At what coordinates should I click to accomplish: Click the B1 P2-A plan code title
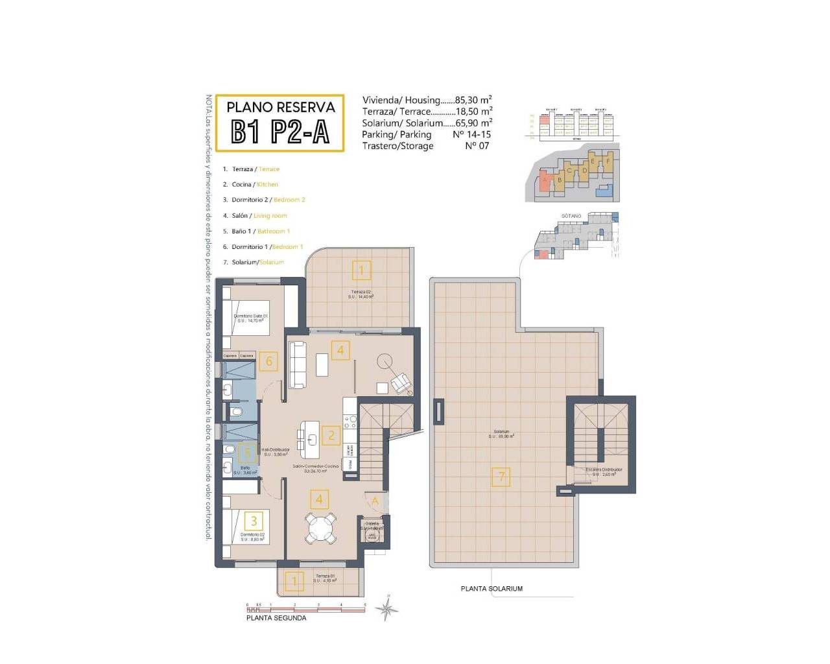click(x=279, y=132)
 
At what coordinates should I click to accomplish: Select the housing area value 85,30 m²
click(x=473, y=100)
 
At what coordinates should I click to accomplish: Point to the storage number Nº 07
click(x=477, y=146)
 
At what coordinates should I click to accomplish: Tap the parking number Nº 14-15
click(x=471, y=134)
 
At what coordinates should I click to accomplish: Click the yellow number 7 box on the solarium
click(x=501, y=477)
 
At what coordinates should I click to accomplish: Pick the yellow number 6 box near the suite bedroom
click(x=269, y=361)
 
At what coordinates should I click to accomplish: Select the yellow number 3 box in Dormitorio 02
click(x=254, y=521)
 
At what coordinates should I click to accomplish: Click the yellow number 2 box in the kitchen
click(x=331, y=435)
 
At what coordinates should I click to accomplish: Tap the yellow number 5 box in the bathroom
click(x=246, y=453)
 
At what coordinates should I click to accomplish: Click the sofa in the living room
click(x=298, y=365)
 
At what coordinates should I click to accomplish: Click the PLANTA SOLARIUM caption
click(x=492, y=589)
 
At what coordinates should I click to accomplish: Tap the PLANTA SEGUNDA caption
click(x=276, y=618)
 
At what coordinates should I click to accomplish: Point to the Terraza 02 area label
click(x=361, y=294)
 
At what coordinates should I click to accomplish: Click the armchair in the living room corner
click(x=401, y=383)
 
